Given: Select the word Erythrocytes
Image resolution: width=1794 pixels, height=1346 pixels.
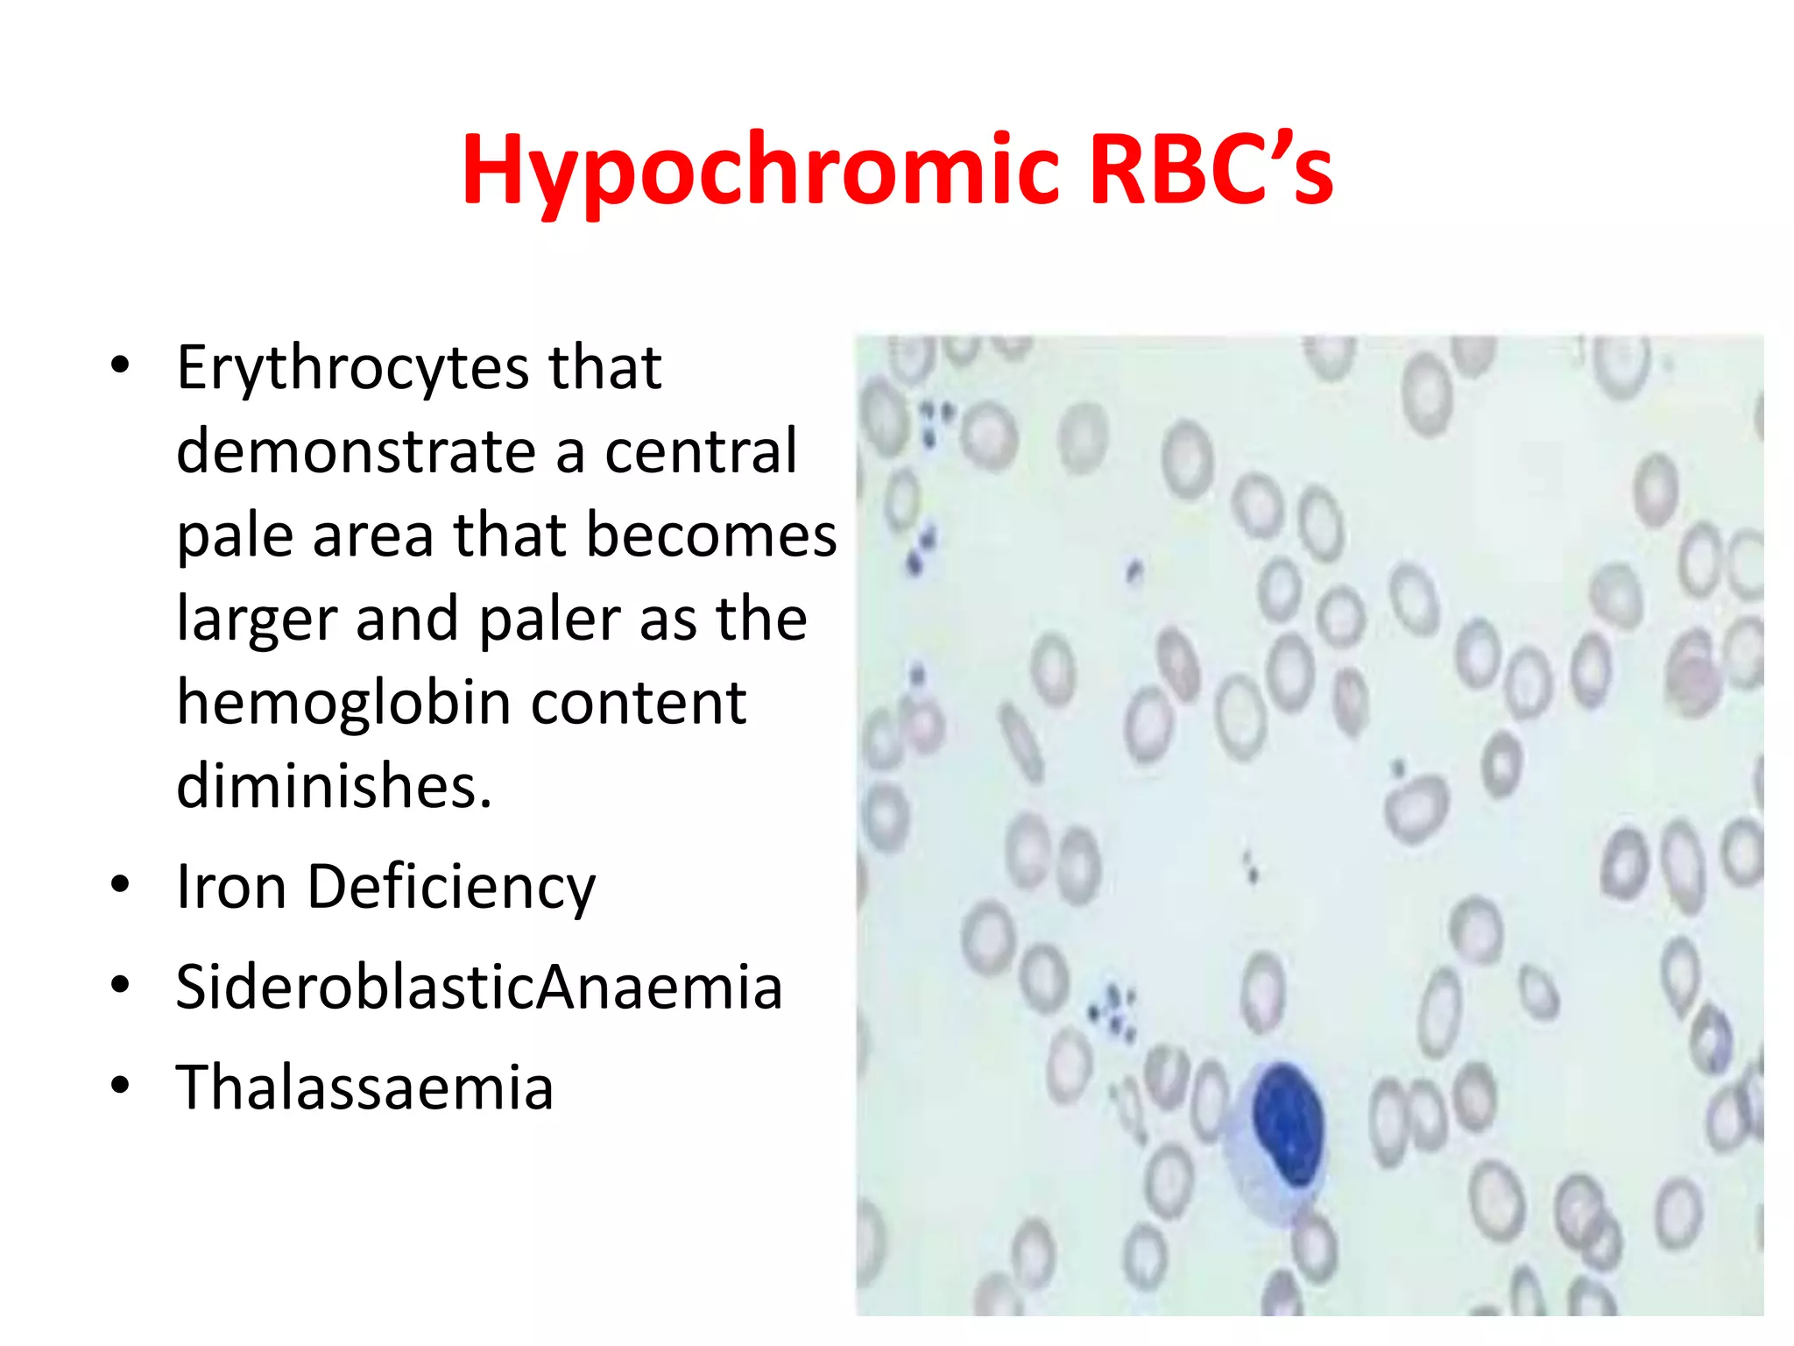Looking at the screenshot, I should [351, 368].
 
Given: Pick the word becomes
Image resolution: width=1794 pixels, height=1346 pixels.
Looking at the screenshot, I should [710, 535].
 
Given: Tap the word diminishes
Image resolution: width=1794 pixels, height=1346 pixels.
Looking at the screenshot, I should [334, 786].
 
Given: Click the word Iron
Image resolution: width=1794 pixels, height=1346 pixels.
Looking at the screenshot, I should [230, 887].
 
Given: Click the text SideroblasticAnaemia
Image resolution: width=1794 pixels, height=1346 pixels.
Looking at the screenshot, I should [478, 988].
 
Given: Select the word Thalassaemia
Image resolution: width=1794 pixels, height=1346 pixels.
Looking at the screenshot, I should [364, 1087].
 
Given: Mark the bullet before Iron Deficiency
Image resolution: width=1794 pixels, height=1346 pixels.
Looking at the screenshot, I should [120, 884].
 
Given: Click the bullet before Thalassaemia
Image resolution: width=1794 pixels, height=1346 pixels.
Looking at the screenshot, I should [120, 1086].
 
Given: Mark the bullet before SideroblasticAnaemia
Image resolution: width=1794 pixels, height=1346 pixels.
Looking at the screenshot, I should [120, 985].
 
